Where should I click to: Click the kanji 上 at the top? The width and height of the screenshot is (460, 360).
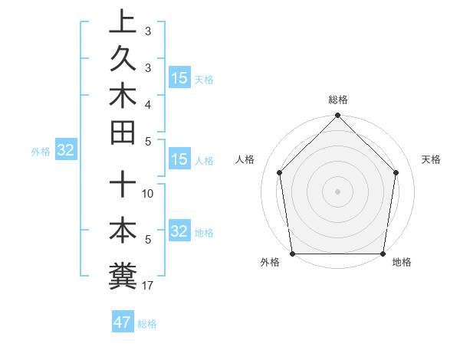(123, 21)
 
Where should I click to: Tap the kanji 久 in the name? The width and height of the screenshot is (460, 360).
(123, 59)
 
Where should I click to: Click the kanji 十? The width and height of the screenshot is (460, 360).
(123, 184)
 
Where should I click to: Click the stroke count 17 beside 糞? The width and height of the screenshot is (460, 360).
(148, 286)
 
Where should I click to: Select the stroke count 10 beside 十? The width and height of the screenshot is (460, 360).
(148, 194)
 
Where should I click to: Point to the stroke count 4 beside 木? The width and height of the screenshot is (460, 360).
(148, 103)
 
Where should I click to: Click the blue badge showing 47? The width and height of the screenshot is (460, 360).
(122, 322)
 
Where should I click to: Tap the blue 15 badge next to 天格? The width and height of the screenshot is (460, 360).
(179, 78)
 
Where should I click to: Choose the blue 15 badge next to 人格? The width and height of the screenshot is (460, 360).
(179, 159)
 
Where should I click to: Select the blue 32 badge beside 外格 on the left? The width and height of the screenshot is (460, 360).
(65, 150)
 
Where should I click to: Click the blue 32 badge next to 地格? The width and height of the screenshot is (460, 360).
(179, 231)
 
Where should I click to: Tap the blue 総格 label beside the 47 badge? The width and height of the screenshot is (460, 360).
(147, 324)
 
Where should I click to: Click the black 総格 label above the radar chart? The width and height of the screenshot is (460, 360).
(338, 100)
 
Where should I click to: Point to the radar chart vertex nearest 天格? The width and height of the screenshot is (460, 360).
(396, 172)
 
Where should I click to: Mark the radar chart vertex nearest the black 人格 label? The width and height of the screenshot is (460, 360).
(280, 172)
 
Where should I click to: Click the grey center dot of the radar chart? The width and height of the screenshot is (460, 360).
(338, 191)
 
